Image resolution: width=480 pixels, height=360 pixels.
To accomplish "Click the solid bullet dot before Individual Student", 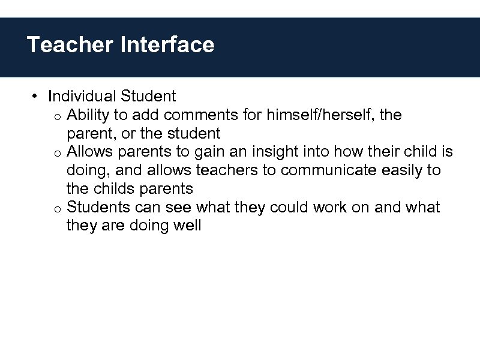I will coord(36,96).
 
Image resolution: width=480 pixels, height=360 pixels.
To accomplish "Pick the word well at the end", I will coord(187,226).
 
